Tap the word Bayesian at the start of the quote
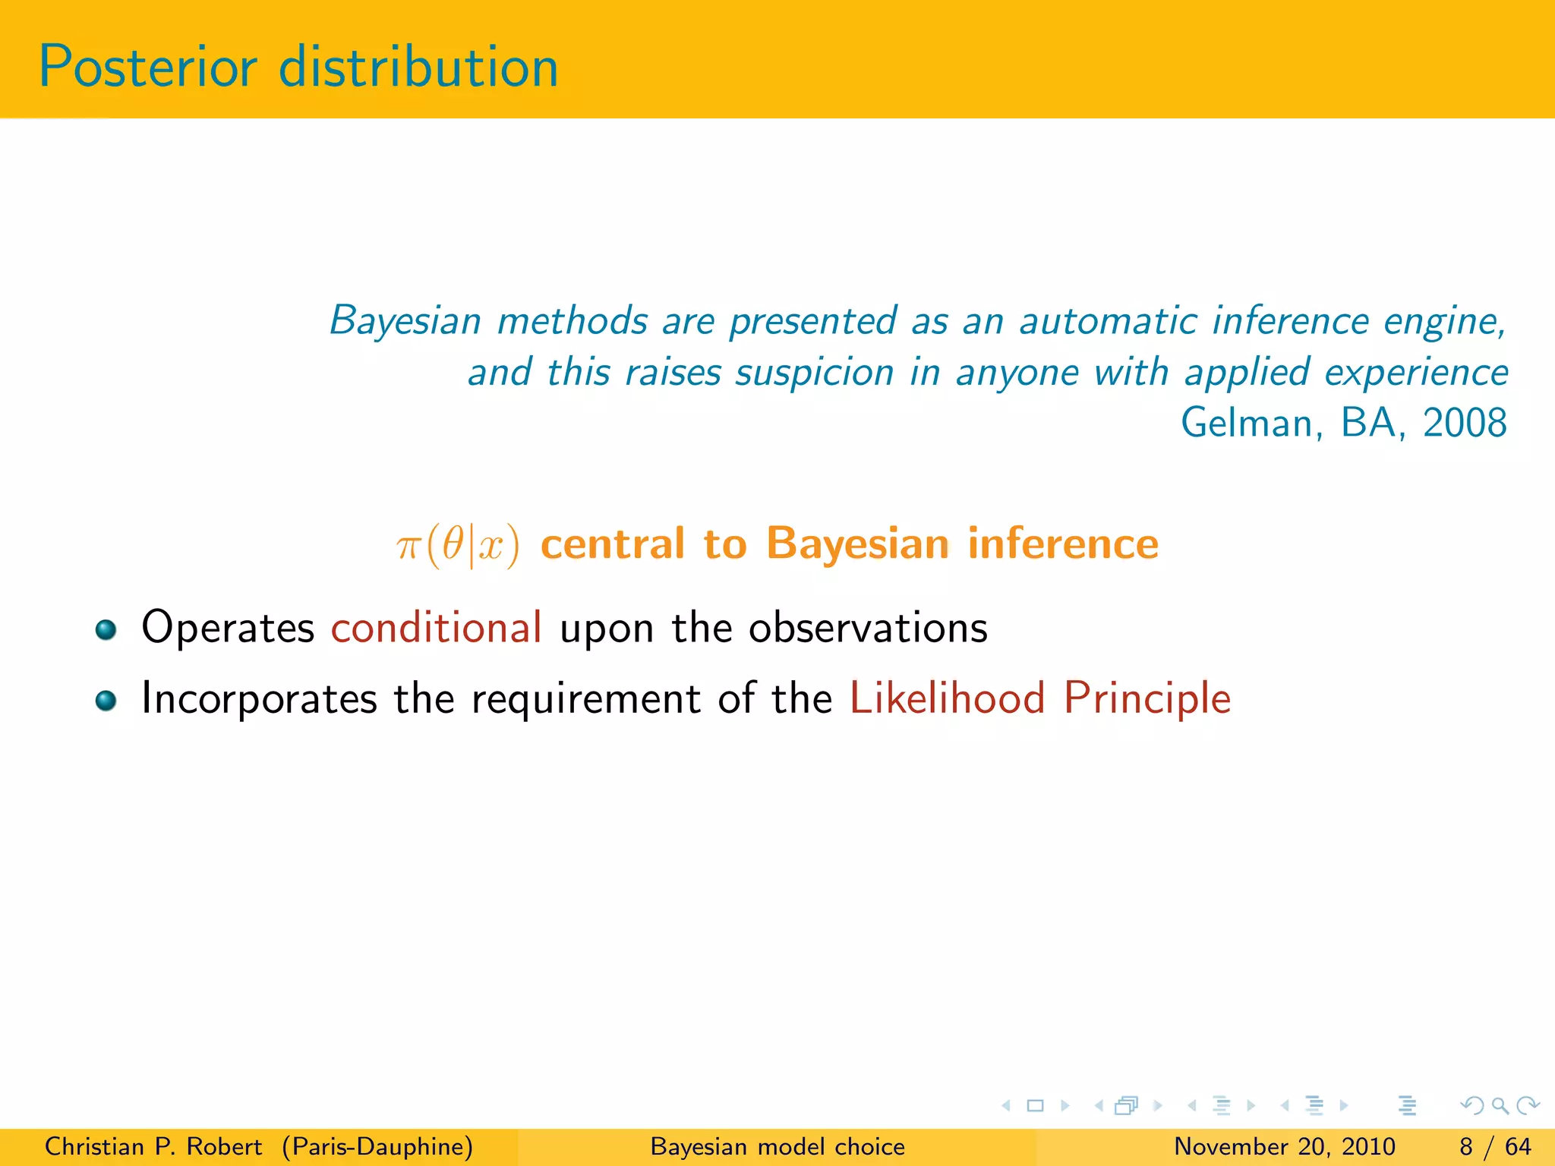(405, 321)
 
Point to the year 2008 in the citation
(1464, 423)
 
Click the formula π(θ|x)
(458, 545)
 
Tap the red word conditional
(436, 628)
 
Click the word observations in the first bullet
(868, 628)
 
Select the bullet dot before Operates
(106, 629)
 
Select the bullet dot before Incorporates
(106, 700)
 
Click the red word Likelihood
(947, 698)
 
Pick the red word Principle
(1147, 698)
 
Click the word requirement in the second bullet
(585, 699)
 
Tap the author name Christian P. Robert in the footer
(153, 1146)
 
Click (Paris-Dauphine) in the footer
(377, 1146)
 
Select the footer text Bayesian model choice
(777, 1146)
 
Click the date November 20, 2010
(1284, 1146)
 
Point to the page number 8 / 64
(1495, 1146)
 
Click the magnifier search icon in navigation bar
(1500, 1106)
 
